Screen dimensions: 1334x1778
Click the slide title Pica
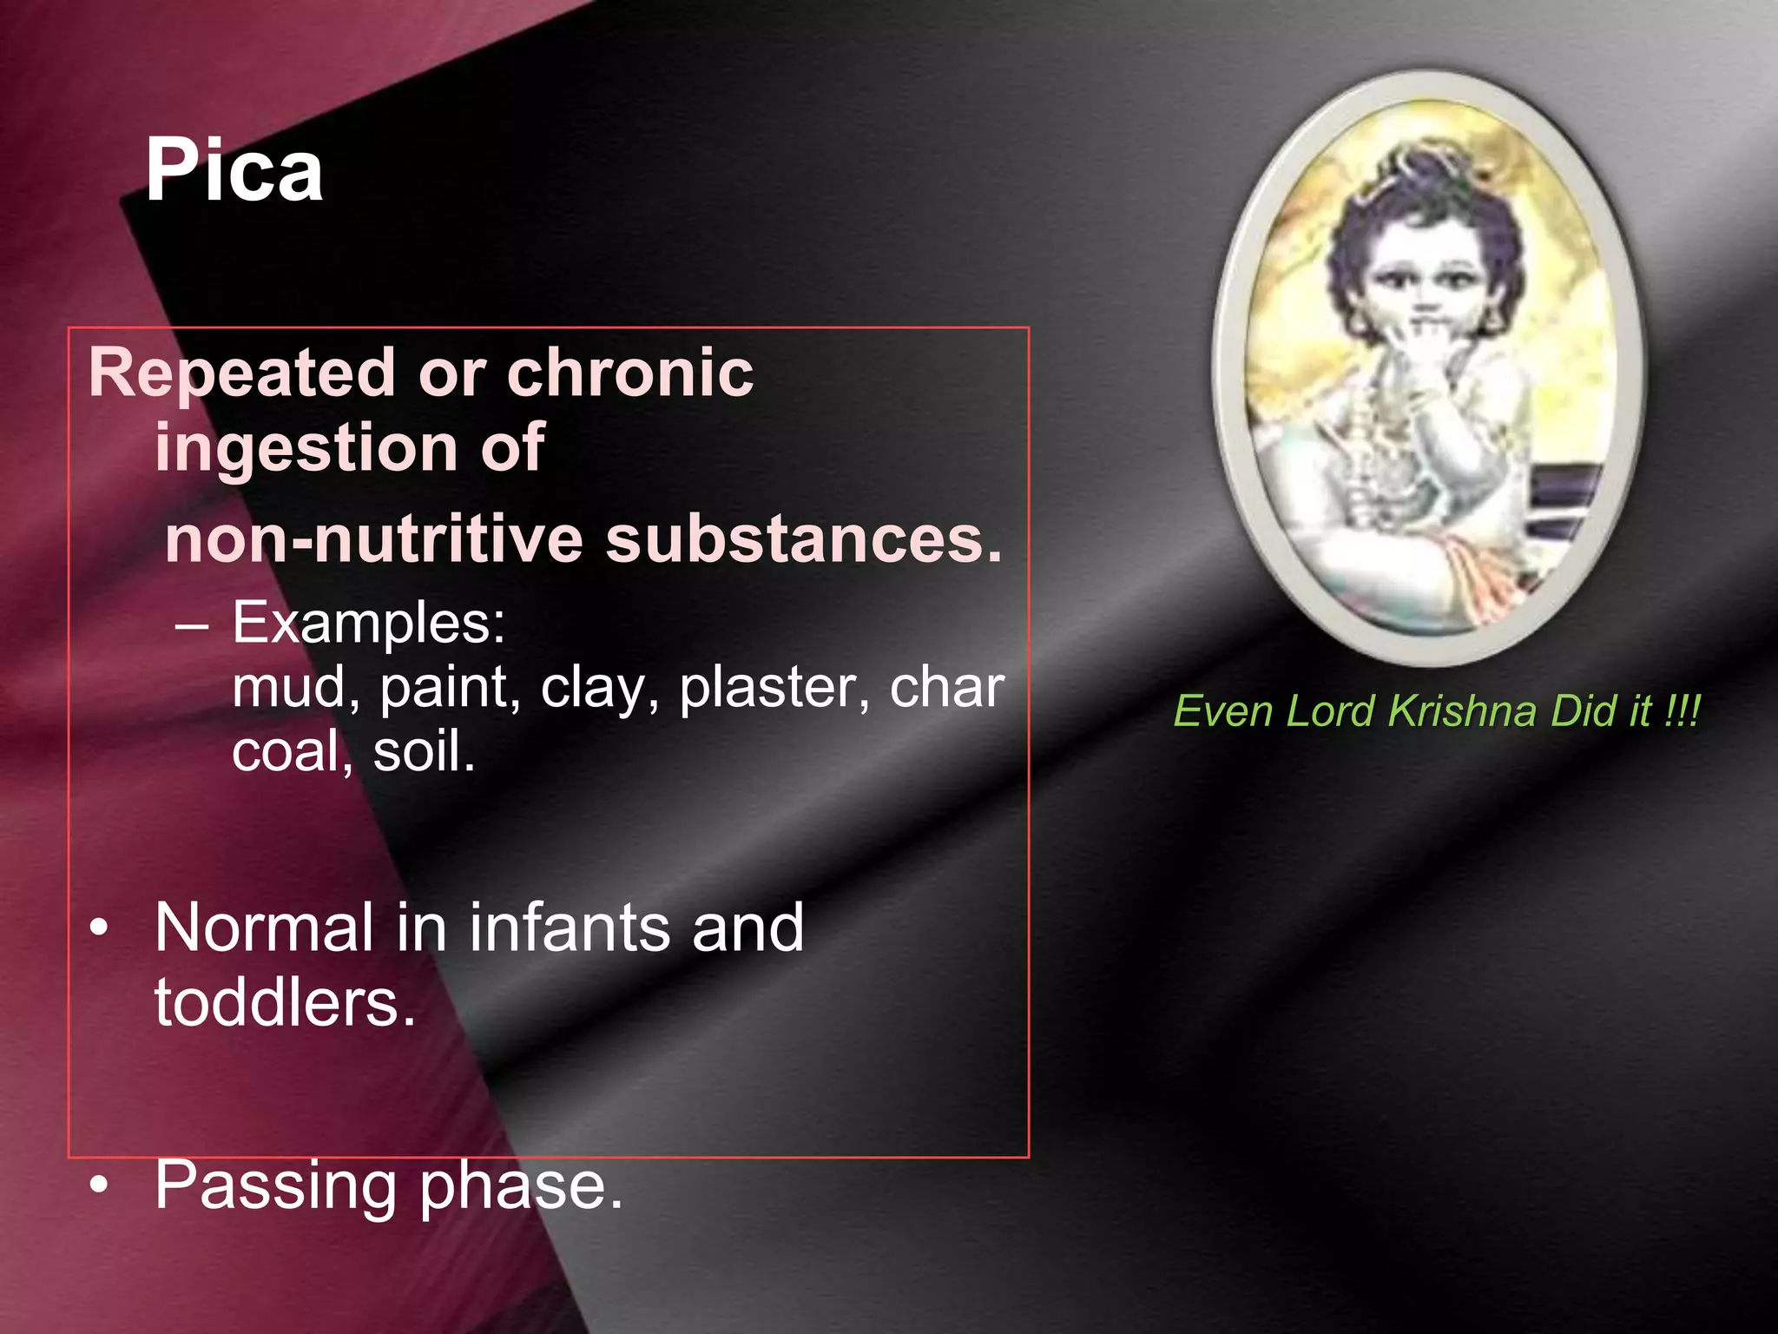click(234, 171)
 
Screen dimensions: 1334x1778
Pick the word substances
click(803, 539)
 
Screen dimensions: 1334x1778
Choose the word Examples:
click(369, 623)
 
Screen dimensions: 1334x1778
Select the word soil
click(424, 751)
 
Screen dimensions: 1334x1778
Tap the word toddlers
click(285, 1003)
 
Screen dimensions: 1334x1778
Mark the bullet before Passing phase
click(100, 1186)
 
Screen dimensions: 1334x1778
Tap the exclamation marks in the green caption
click(1682, 711)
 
